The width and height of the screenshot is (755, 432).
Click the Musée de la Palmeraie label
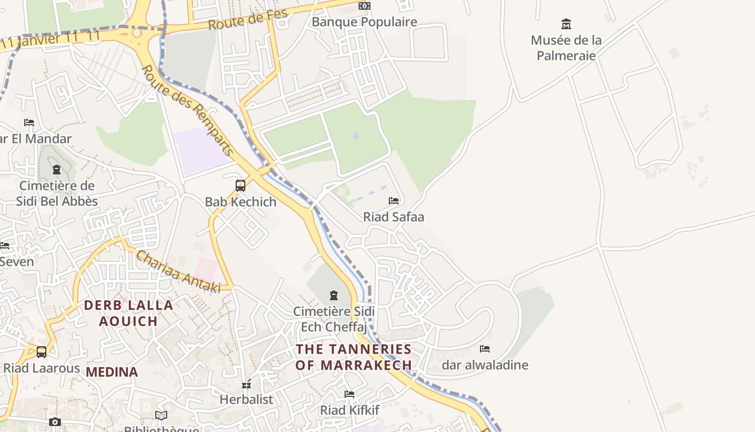tap(566, 48)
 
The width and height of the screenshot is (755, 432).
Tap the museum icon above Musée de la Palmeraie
tap(566, 24)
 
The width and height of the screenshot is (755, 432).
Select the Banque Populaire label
tap(365, 22)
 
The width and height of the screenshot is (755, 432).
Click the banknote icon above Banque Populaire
tap(365, 6)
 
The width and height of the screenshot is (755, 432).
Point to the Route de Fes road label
tap(248, 20)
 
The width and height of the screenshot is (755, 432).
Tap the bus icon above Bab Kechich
tap(241, 186)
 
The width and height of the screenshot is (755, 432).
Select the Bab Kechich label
tap(241, 202)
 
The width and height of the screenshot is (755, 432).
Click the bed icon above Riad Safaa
tap(394, 201)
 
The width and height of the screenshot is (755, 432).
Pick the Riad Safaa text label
tap(394, 217)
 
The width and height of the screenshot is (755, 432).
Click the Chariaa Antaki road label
tap(179, 272)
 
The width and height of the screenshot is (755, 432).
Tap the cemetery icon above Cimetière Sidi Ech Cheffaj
tap(334, 295)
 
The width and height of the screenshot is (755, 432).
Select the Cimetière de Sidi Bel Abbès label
tap(57, 193)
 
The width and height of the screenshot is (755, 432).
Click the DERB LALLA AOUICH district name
tap(128, 313)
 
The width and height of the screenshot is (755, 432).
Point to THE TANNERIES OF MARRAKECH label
tap(354, 357)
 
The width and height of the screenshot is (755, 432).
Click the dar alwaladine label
tap(485, 365)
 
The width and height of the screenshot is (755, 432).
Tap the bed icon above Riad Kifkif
tap(349, 394)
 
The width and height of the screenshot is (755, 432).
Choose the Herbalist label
tap(246, 400)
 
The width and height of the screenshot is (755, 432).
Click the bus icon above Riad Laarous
tap(42, 352)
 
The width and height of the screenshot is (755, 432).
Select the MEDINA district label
tap(112, 372)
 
